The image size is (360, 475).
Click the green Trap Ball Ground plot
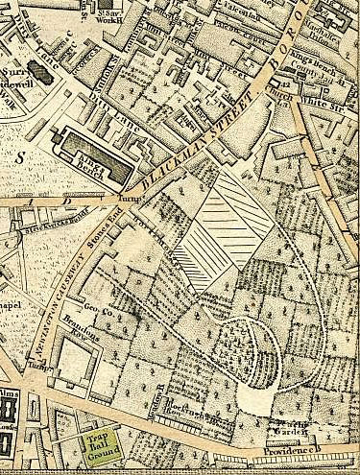(x=96, y=444)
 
